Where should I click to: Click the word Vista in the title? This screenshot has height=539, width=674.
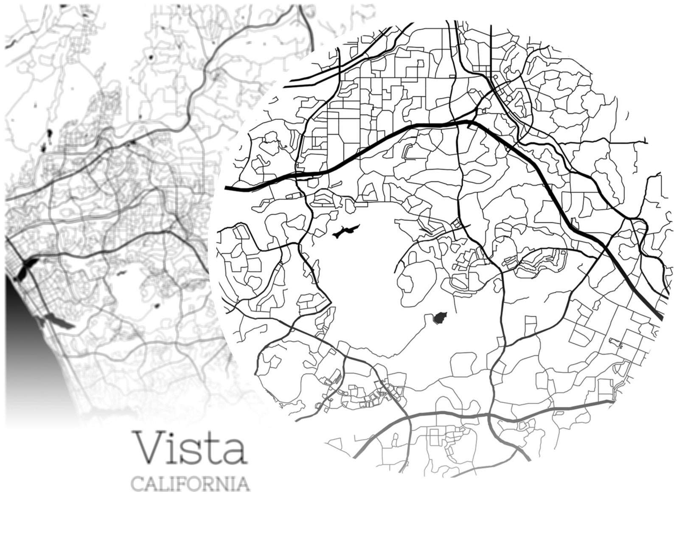pos(190,448)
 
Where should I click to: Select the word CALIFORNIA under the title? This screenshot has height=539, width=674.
pos(190,483)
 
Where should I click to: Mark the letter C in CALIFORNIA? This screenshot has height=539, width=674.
pos(137,483)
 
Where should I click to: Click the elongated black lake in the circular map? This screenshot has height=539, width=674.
pos(345,232)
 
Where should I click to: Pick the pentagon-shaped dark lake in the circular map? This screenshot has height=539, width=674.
pos(440,317)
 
